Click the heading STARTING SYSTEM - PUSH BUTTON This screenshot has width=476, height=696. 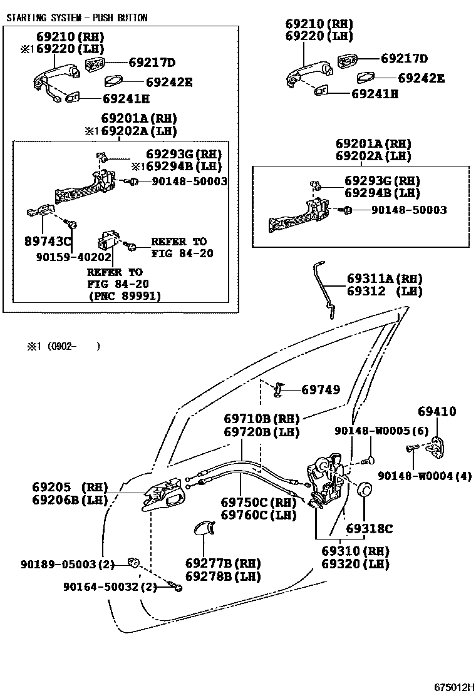point(76,18)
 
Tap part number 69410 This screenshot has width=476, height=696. point(437,412)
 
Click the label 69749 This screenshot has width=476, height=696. point(321,390)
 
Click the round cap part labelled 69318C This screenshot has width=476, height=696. point(363,491)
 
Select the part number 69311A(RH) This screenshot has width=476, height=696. point(385,279)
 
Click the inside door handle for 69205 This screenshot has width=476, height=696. point(164,496)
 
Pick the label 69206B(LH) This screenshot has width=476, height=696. point(70,499)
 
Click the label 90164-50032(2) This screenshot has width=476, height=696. point(110,586)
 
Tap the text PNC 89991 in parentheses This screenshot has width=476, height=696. point(124,297)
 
